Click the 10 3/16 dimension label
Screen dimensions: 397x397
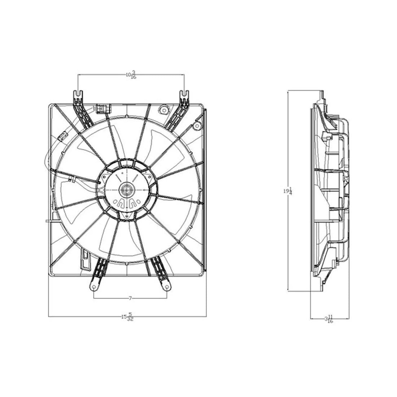coord(131,75)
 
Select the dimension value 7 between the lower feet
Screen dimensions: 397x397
coord(130,298)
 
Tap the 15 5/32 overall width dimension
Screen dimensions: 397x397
coord(127,317)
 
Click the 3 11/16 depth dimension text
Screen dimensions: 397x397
coord(328,319)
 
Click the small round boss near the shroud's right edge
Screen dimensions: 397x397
coord(197,125)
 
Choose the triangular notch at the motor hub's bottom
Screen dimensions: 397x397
coord(127,215)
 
